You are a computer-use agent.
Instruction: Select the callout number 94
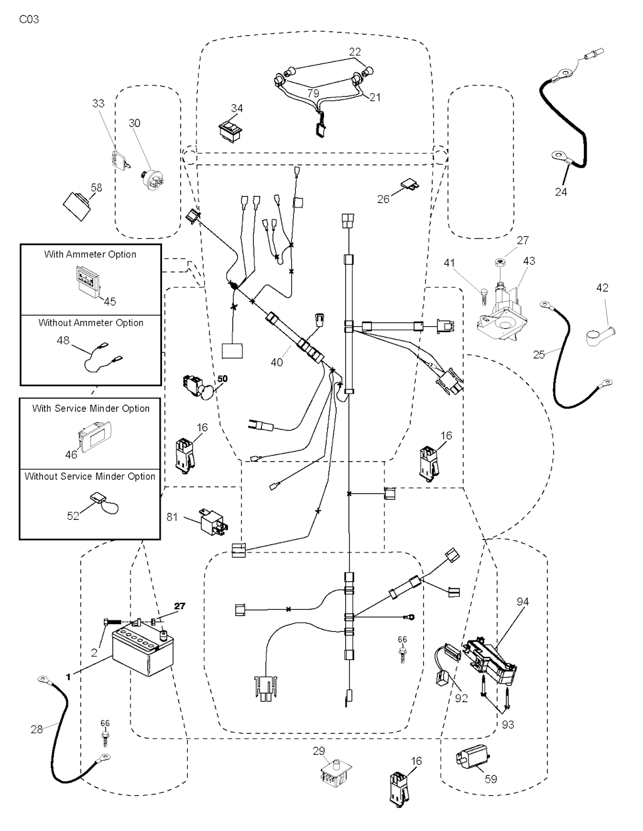click(522, 602)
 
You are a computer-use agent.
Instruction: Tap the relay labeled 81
click(212, 520)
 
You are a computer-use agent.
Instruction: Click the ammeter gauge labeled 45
click(88, 280)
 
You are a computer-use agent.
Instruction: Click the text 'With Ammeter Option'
click(90, 255)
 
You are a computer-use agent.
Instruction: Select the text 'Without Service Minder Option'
click(90, 476)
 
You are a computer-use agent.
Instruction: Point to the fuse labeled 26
click(408, 186)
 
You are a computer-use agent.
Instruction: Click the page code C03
click(29, 19)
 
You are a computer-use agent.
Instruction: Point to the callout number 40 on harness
click(276, 362)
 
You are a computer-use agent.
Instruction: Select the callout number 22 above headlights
click(355, 52)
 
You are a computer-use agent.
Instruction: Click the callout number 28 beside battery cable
click(36, 729)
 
